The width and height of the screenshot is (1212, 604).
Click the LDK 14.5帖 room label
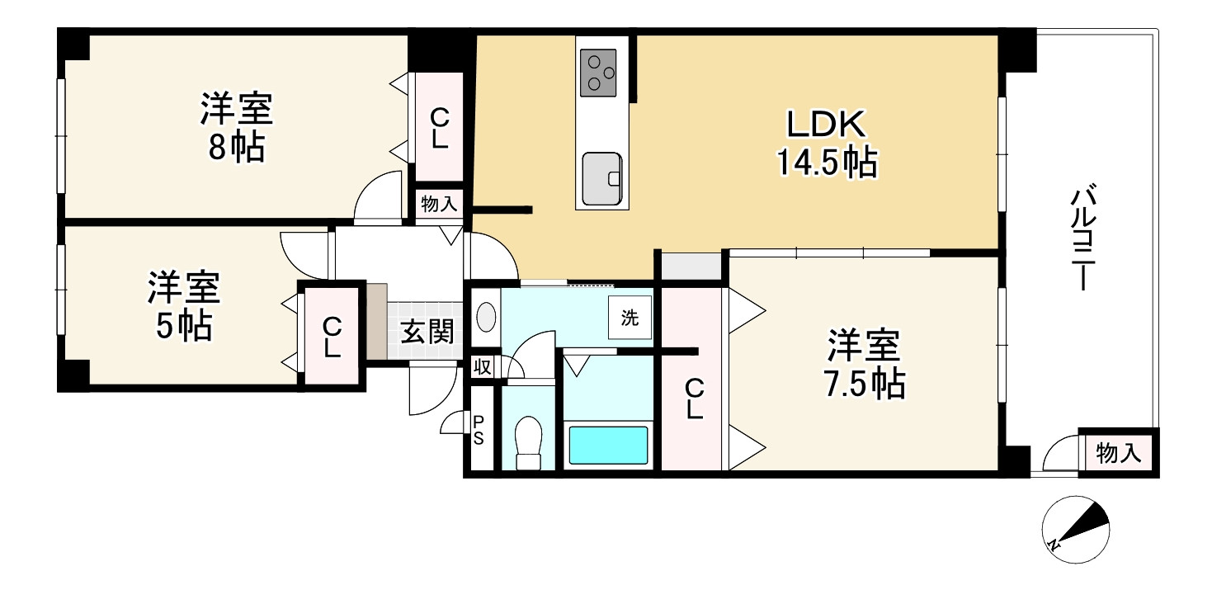coord(825,145)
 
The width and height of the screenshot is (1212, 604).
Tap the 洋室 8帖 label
coord(236,129)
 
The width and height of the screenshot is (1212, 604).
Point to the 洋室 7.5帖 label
coord(864,365)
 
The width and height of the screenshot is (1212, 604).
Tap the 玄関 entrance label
coord(427,333)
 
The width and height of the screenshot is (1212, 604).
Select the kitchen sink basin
coord(601,177)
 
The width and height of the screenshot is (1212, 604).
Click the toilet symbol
coord(527,443)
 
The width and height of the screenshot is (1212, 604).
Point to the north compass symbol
coord(1076,530)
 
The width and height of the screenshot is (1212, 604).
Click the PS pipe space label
coord(479,429)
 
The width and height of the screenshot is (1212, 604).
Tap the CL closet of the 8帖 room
coord(439,128)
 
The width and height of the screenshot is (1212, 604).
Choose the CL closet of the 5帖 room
coord(332,336)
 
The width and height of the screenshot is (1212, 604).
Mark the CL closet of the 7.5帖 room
coord(693,399)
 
